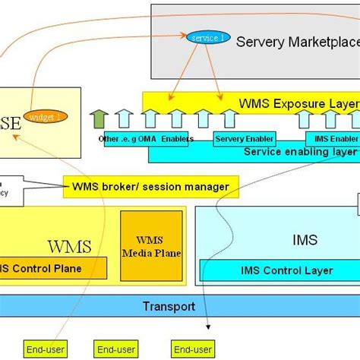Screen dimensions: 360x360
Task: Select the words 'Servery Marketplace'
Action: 297,42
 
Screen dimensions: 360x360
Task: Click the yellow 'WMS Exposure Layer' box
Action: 251,100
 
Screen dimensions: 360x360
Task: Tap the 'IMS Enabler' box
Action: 332,139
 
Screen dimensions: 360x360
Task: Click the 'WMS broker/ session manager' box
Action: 150,186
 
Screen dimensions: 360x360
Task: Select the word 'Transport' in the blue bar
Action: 169,307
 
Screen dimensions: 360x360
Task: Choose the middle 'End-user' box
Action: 115,349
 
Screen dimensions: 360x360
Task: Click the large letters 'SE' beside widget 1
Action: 11,122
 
